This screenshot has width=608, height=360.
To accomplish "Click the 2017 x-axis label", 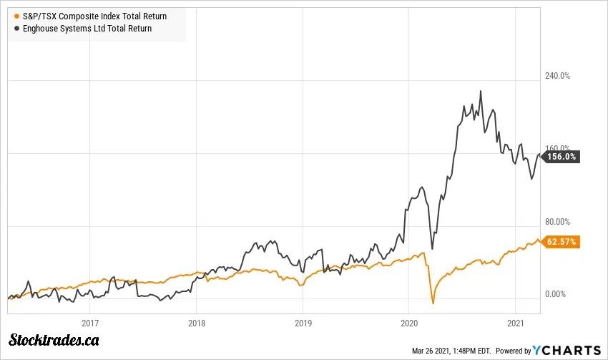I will tap(90, 322).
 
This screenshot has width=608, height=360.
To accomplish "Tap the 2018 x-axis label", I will tap(197, 322).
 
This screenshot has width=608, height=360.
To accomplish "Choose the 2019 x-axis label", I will tap(303, 322).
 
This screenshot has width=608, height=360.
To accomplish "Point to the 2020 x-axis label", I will tap(409, 322).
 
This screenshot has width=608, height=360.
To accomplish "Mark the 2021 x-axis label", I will tap(516, 322).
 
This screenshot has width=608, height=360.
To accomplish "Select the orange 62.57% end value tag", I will tap(562, 241).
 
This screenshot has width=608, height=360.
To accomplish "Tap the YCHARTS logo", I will tap(567, 350).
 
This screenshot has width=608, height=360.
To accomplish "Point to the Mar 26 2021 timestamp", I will tap(451, 351).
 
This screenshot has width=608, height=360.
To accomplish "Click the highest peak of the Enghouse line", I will tap(481, 91).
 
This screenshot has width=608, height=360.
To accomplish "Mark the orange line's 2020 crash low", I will tap(433, 303).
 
